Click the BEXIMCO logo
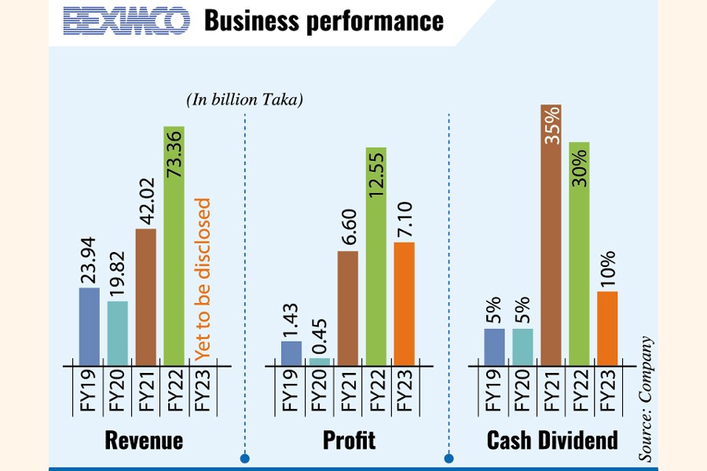tap(126, 21)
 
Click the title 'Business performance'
tap(324, 21)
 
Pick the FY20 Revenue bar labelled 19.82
tap(117, 334)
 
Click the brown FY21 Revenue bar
tap(145, 298)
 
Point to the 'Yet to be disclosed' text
tap(203, 279)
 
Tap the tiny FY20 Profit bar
tap(320, 362)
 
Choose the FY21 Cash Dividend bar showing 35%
tap(551, 235)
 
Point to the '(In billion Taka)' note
tap(245, 100)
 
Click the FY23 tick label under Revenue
tap(202, 390)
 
